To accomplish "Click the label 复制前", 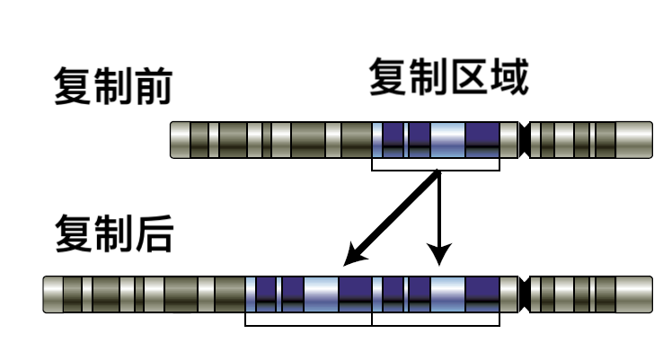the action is pos(112,86).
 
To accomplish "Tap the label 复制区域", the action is pos(449,77).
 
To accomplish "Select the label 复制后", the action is pos(114,233).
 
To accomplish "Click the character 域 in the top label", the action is pos(510,77).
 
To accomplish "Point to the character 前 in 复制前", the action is pos(154,86).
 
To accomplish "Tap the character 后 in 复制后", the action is pos(155,233).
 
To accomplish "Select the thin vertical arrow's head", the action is pos(439,254).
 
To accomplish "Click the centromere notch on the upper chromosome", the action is pos(524,140).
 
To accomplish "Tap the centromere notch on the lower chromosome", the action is pos(524,294).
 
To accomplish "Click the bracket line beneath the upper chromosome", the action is pos(436,171).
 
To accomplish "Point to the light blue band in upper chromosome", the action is pos(447,140).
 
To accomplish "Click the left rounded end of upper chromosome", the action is pos(181,140).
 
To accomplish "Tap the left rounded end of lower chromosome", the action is pos(53,294).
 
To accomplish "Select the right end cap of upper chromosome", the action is pos(634,140).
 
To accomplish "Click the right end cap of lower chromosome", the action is pos(634,294).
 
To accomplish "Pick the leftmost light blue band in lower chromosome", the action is pos(251,294).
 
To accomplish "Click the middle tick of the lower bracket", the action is pos(372,319).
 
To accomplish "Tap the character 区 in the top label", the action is pos(468,77).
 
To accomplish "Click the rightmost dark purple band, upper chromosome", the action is pos(482,140).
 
